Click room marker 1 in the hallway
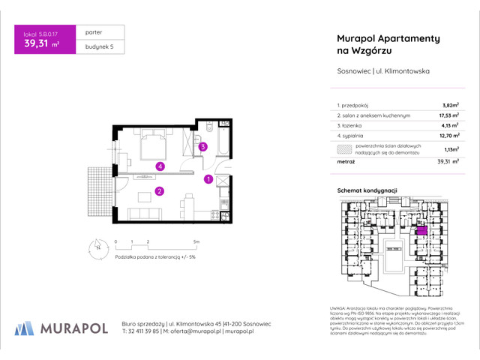[208, 178]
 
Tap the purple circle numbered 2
[160, 191]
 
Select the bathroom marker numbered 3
[202, 147]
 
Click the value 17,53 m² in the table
[448, 116]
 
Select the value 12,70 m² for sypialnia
[448, 137]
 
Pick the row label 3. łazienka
[353, 127]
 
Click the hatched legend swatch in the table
[345, 148]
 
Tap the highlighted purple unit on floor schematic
[422, 232]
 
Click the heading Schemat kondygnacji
[367, 191]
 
